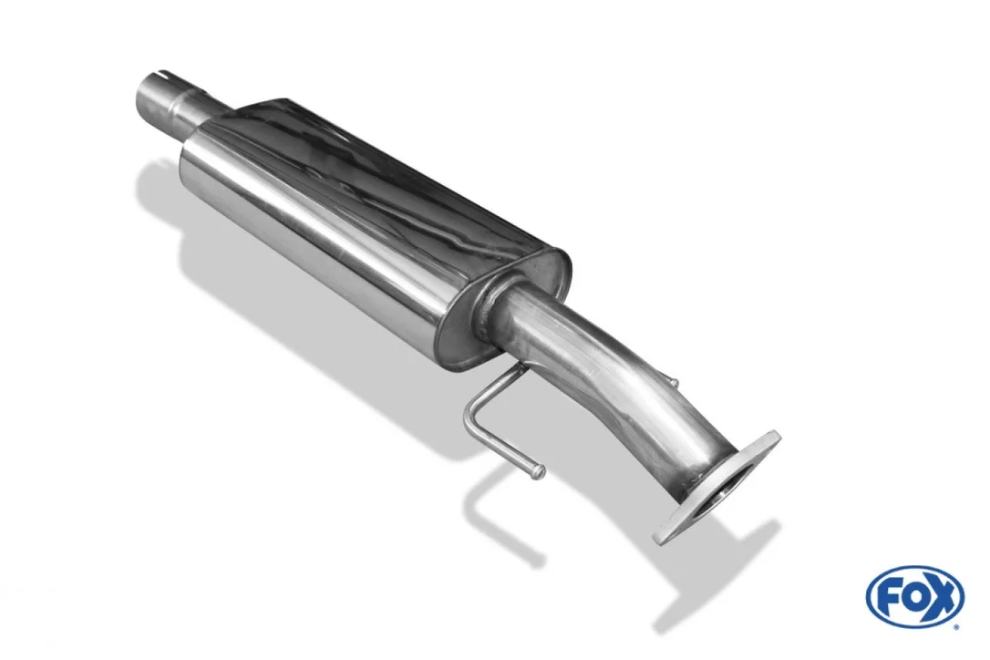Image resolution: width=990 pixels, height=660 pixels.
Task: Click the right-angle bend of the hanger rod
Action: [468, 418]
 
